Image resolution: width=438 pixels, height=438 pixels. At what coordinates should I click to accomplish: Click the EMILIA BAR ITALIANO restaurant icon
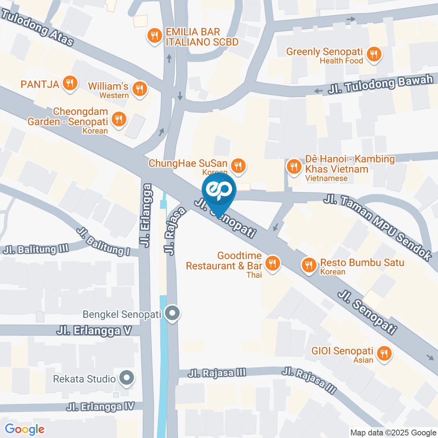pyautogui.click(x=155, y=36)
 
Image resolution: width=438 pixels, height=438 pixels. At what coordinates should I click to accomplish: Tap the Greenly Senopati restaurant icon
pyautogui.click(x=374, y=54)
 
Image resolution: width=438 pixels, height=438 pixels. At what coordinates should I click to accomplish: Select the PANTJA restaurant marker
pyautogui.click(x=69, y=83)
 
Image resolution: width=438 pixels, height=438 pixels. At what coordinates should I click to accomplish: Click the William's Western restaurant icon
pyautogui.click(x=140, y=89)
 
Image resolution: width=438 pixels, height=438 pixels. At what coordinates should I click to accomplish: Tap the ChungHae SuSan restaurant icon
pyautogui.click(x=237, y=166)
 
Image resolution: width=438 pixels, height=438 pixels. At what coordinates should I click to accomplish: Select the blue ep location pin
pyautogui.click(x=219, y=192)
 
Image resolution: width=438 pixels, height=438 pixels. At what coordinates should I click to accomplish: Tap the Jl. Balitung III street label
pyautogui.click(x=36, y=249)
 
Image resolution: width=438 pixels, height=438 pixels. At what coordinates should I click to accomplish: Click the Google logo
pyautogui.click(x=25, y=429)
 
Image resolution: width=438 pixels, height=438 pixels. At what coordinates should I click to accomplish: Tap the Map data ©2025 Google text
pyautogui.click(x=393, y=433)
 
